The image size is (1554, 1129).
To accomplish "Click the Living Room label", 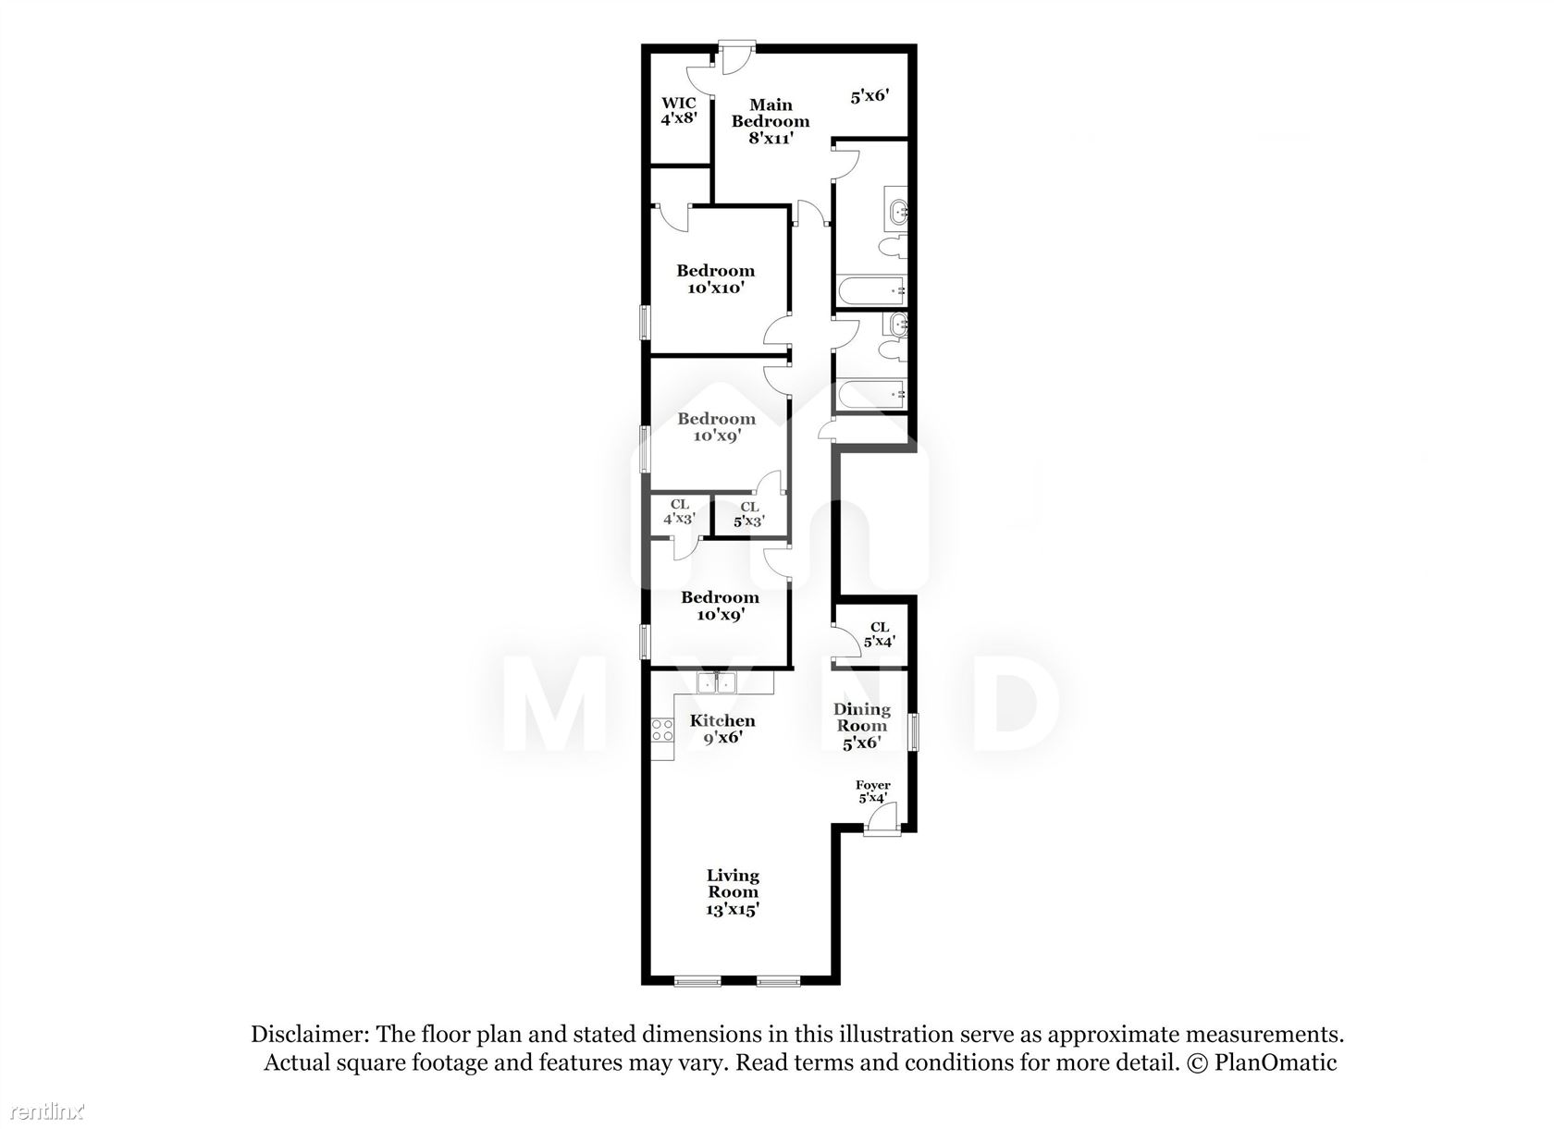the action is coord(733,891).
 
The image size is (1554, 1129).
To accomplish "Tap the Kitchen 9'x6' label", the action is coord(722,729).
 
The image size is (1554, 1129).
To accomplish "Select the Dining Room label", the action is coord(862,725).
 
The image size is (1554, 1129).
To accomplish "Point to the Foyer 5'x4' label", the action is coord(873,792).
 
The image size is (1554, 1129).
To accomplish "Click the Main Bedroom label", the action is coord(770,121).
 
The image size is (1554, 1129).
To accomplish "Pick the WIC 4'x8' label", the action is coord(679,111).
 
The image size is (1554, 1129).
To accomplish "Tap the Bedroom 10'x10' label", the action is coord(715,279).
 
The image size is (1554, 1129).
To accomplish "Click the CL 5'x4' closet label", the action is coord(879,634).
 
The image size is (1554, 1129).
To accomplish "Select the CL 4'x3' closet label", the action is coord(679,512).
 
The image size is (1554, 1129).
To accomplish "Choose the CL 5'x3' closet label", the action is coord(749,514).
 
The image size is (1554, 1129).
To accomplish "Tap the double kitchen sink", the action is coord(717,683).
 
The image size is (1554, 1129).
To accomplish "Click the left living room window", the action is coord(697,981).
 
